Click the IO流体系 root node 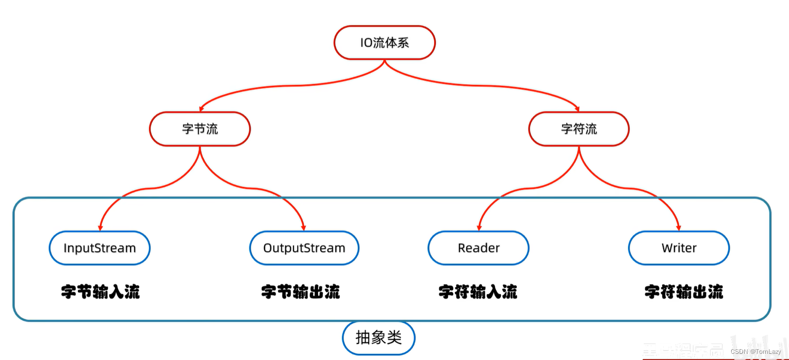coord(384,42)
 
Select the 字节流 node coord(200,128)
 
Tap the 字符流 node coord(579,128)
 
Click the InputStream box coord(100,248)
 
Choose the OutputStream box coord(304,248)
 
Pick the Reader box coord(478,248)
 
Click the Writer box coord(679,248)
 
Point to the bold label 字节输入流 coord(101,292)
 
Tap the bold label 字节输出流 coord(301,292)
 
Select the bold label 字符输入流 coord(478,292)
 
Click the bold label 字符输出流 coord(684,292)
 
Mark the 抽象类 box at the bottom coord(379,338)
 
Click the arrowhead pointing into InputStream coord(100,227)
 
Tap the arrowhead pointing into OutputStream coord(304,227)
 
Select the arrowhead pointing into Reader coord(479,227)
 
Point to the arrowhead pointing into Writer coord(679,227)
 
